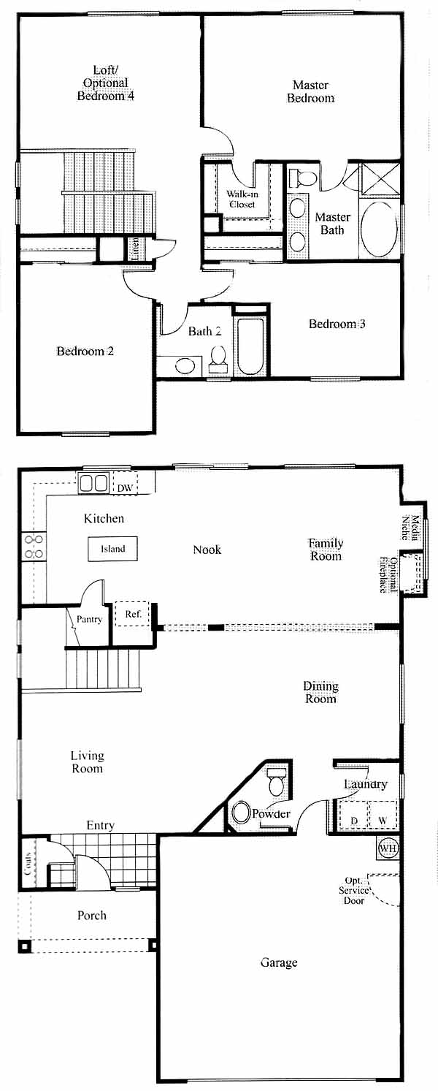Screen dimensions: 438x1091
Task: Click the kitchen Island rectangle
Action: pos(113,549)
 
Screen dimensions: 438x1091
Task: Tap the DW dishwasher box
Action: pos(125,482)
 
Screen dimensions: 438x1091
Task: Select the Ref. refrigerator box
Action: pos(132,614)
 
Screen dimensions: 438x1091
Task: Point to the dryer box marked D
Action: pos(354,815)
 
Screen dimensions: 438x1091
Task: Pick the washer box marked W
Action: pos(383,815)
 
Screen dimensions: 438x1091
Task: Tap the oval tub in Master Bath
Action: pos(379,229)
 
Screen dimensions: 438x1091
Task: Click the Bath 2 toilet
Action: pos(218,360)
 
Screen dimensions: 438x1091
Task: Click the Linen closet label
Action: pos(136,248)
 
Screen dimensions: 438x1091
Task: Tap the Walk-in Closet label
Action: pos(242,199)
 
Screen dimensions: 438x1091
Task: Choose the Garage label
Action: pos(278,962)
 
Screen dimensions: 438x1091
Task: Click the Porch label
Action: pos(92,915)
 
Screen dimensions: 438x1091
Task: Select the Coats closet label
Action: pos(28,862)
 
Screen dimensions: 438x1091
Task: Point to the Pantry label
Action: pos(90,619)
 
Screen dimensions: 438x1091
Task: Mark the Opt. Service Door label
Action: pos(354,890)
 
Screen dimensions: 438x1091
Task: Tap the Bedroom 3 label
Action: pos(337,324)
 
